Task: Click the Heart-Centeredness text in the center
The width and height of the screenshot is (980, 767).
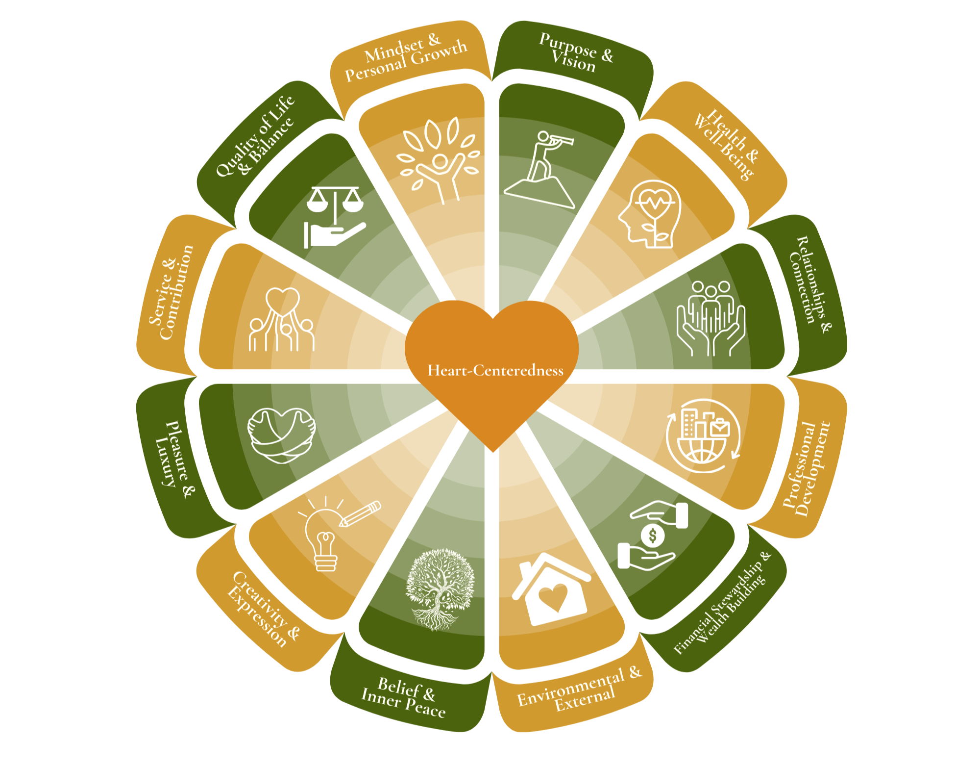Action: pos(495,370)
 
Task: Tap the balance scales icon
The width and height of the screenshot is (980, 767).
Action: pos(335,216)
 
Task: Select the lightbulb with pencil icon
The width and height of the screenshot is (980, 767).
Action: pos(333,535)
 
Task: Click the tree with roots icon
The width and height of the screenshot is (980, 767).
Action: pos(440,588)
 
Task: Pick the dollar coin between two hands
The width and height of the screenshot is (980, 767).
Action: pos(653,536)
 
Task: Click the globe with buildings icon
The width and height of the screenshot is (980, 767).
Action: pos(702,435)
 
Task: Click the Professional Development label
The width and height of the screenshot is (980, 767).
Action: pos(806,468)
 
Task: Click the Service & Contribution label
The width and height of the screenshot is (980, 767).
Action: pos(171,292)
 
